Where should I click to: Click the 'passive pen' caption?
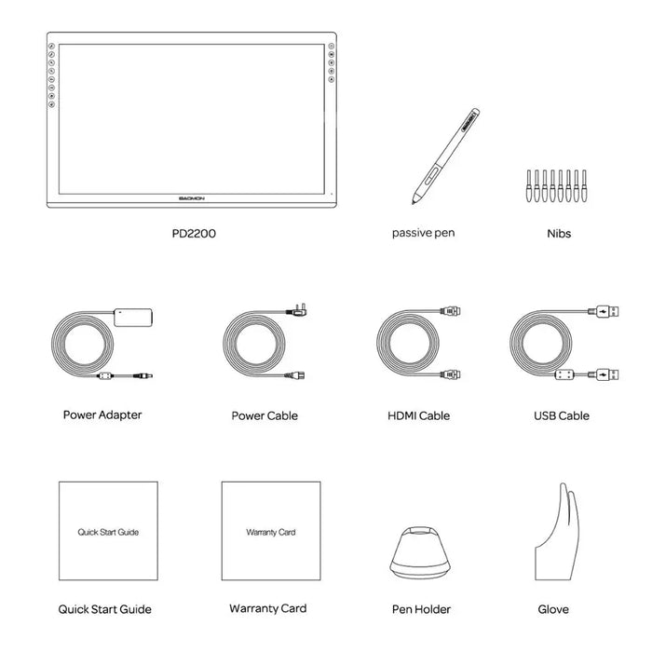425,233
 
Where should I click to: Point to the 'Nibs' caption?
559,234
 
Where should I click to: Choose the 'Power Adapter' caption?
102,414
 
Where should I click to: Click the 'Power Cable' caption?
265,415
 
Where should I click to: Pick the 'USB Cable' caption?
561,415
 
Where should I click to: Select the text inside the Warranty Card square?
270,532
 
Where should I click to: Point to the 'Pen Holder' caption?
421,609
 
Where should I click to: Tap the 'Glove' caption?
553,609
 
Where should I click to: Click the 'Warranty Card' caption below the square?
268,608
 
